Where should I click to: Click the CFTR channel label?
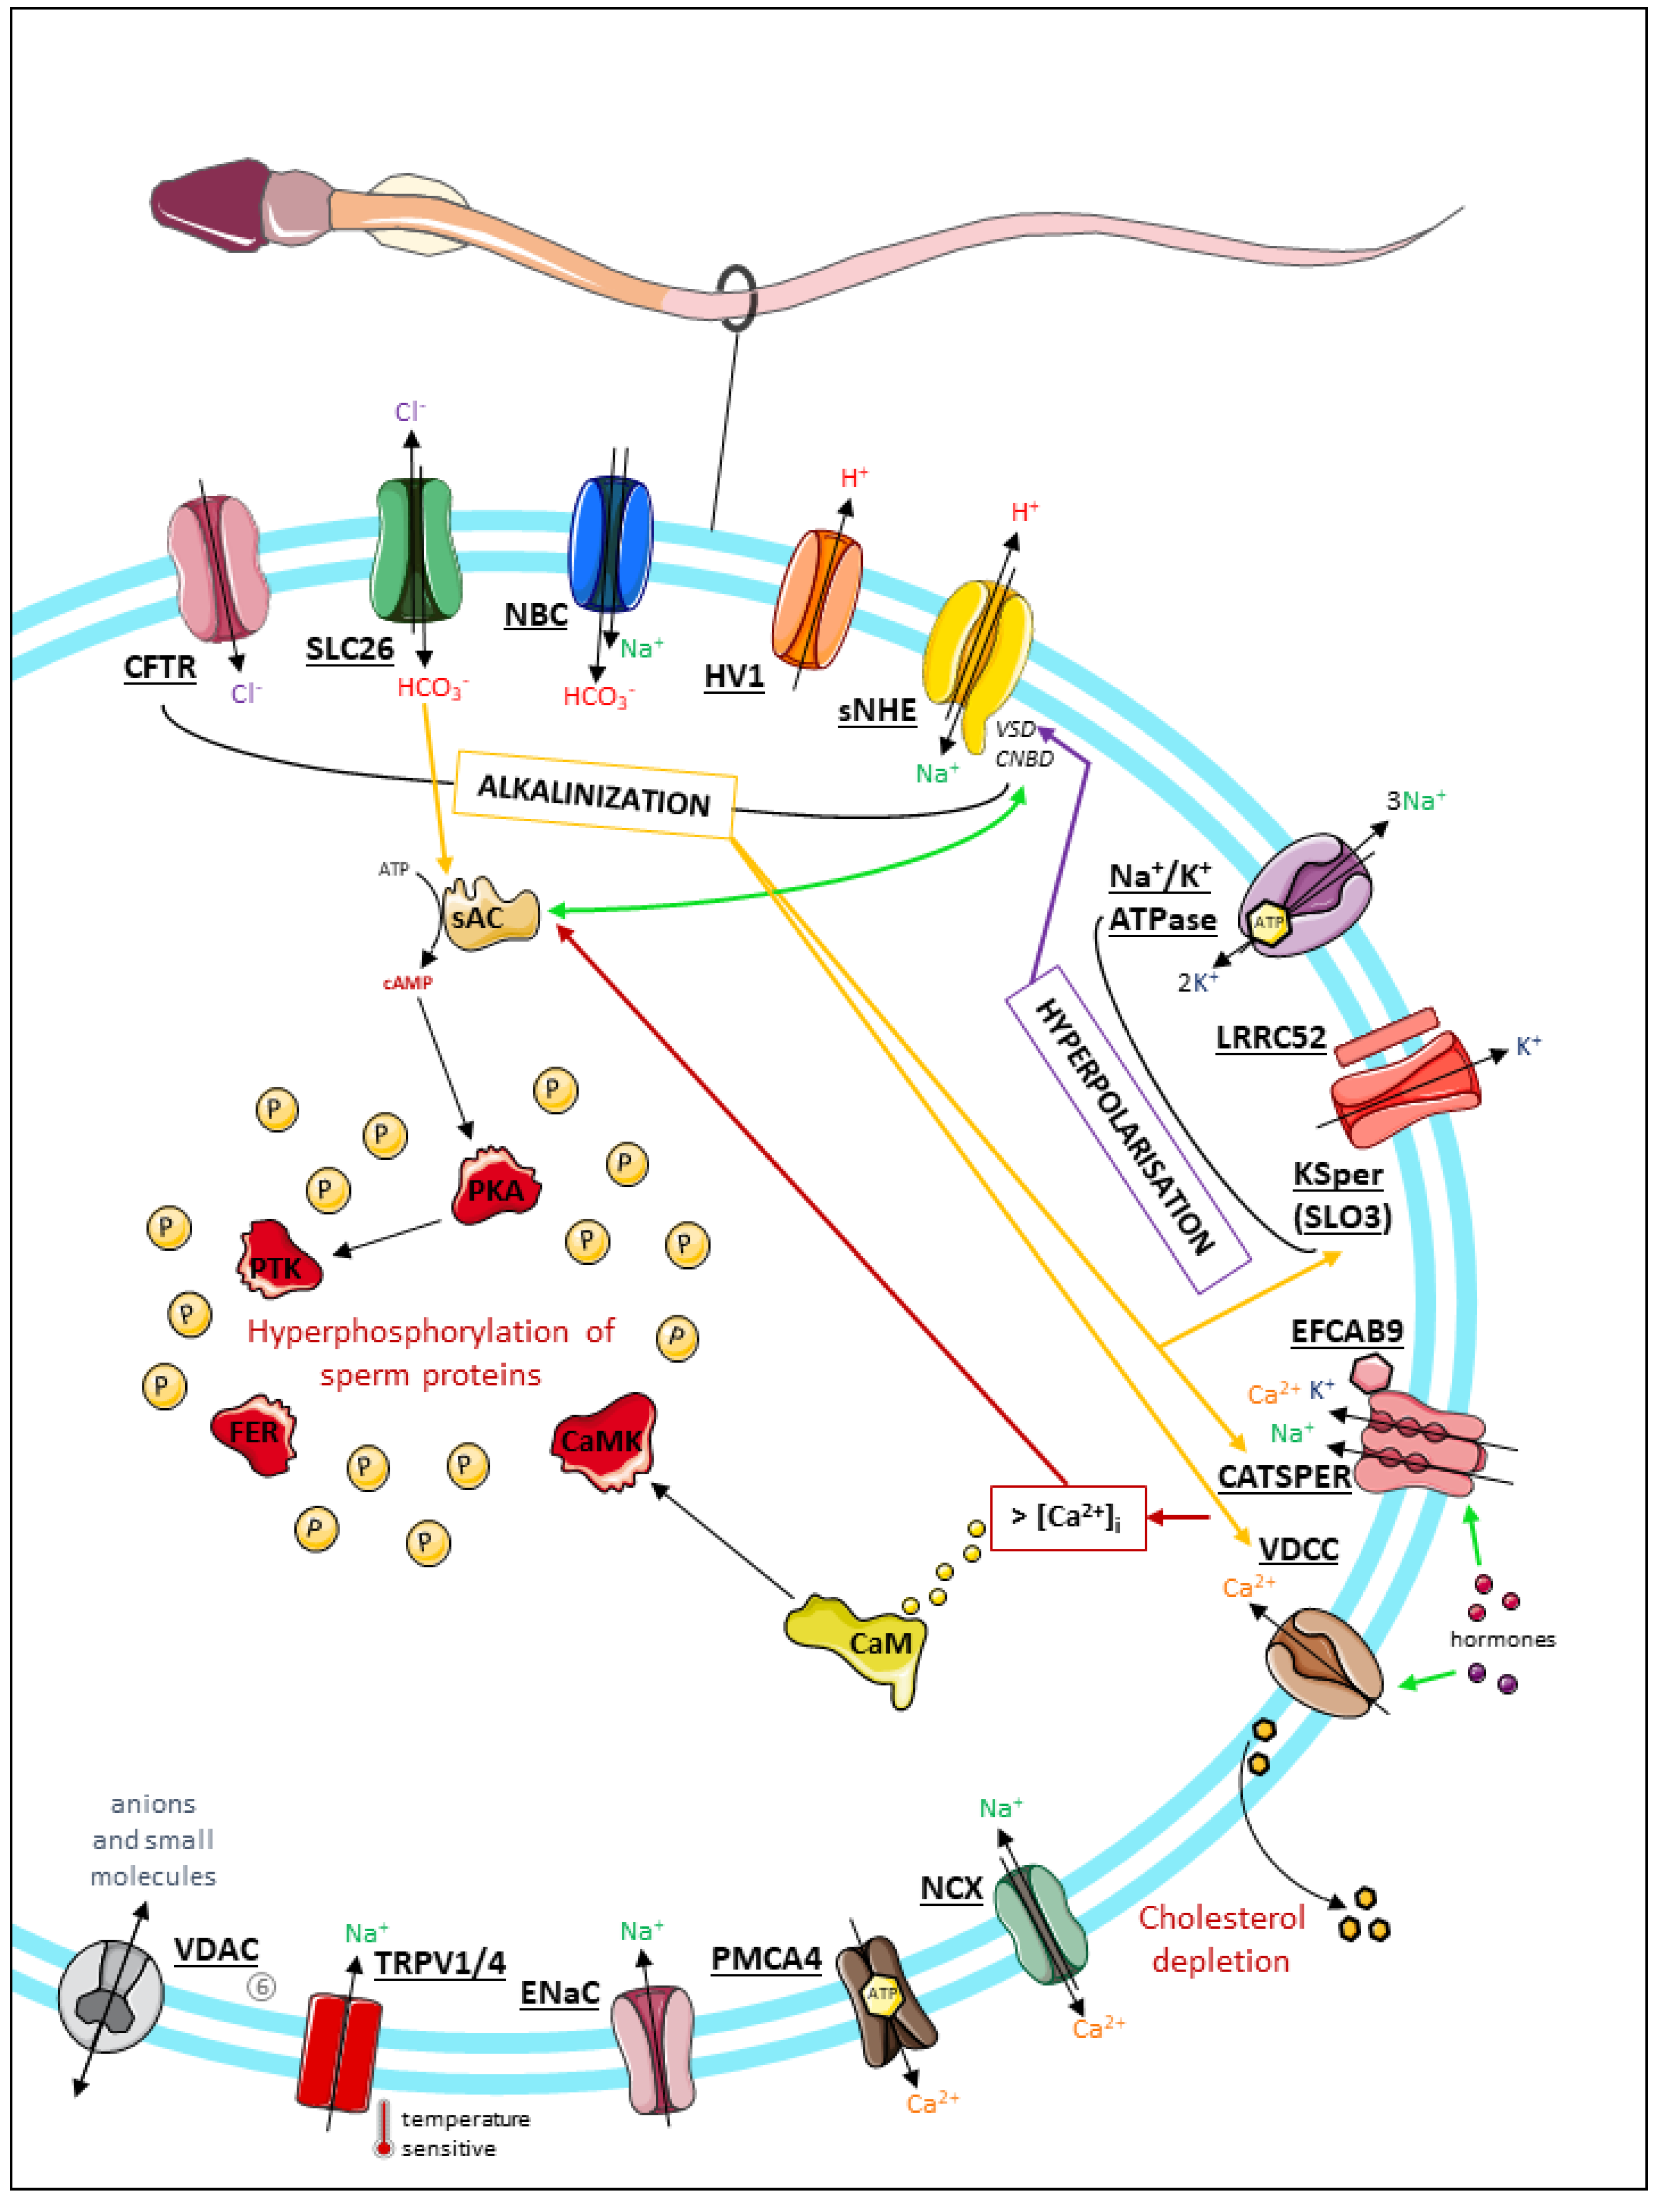tap(160, 667)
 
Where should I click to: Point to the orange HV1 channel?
tap(817, 598)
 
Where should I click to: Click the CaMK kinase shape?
tap(603, 1441)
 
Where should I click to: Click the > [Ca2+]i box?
tap(1068, 1517)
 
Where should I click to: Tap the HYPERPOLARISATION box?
tap(1128, 1130)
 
